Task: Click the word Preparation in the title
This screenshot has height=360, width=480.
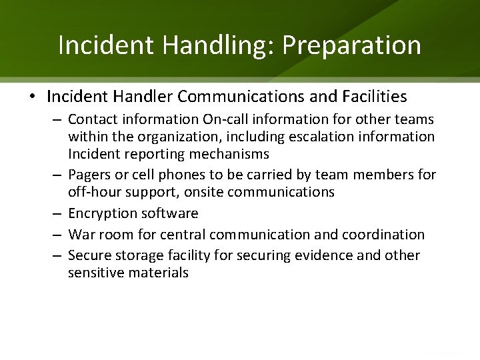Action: (351, 45)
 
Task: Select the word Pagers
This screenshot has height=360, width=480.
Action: (87, 175)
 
